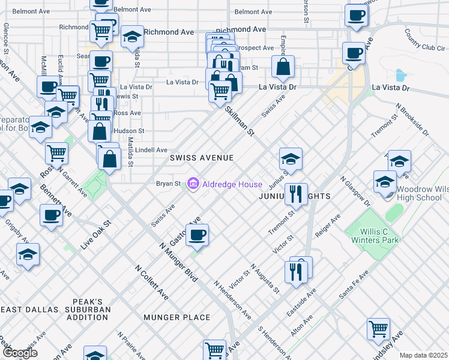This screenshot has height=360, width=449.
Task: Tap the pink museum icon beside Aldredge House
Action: click(193, 183)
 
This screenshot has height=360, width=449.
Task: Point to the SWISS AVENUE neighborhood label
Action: click(201, 158)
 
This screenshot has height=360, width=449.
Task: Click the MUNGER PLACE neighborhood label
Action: click(177, 317)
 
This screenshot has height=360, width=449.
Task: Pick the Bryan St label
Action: click(168, 183)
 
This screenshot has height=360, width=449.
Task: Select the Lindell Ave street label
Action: click(151, 150)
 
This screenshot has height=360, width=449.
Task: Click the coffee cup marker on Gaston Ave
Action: click(196, 235)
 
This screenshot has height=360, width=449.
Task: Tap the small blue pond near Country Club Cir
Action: click(400, 76)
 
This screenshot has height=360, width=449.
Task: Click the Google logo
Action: click(20, 353)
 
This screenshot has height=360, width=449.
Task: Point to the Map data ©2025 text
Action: click(424, 355)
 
